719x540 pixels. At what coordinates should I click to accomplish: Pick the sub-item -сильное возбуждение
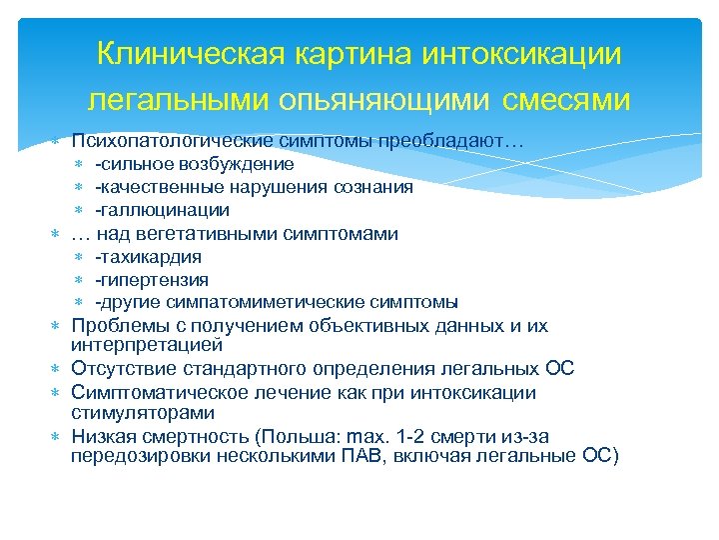tap(194, 164)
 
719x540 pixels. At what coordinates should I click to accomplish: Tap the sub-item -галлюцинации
tap(162, 210)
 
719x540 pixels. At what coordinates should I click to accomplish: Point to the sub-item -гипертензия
tap(152, 280)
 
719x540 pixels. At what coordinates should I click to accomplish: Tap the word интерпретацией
tap(147, 346)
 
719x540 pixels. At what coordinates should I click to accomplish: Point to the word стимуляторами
tap(143, 412)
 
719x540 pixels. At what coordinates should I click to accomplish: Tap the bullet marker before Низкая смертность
tap(57, 437)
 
